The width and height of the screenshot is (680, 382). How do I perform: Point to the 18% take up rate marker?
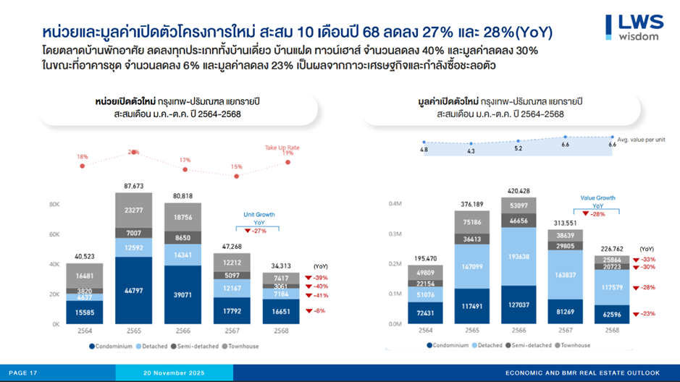pyautogui.click(x=83, y=166)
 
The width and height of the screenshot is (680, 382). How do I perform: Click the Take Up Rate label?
pyautogui.click(x=282, y=148)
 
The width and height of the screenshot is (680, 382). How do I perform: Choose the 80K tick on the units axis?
pyautogui.click(x=54, y=204)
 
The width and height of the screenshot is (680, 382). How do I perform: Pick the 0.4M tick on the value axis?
pyautogui.click(x=395, y=204)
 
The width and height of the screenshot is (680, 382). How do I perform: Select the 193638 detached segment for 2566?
pyautogui.click(x=519, y=257)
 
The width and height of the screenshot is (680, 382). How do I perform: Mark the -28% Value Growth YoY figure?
pyautogui.click(x=597, y=214)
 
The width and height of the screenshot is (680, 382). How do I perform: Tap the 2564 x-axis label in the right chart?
pyautogui.click(x=425, y=330)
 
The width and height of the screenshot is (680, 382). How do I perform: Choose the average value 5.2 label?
pyautogui.click(x=519, y=148)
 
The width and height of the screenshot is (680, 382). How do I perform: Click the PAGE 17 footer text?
pyautogui.click(x=23, y=373)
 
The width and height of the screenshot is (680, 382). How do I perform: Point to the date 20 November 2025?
pyautogui.click(x=174, y=373)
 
